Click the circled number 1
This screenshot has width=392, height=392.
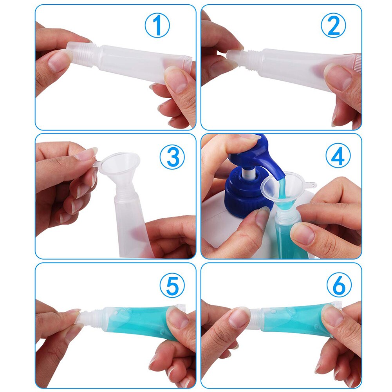pos(157,26)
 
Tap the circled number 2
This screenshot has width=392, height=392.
pos(333,26)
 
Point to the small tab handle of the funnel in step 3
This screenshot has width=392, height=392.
pos(97,166)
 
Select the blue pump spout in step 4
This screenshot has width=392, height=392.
pos(270,161)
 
